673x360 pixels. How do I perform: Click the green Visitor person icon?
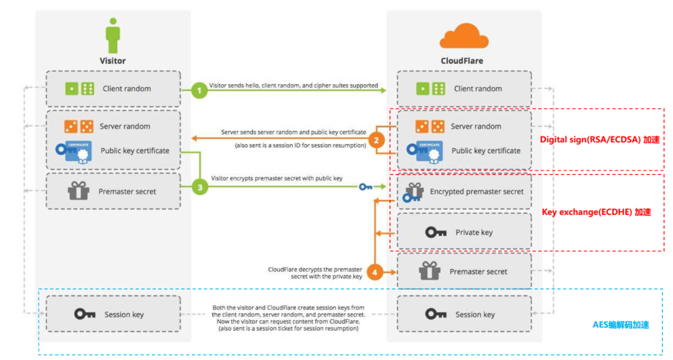pyautogui.click(x=113, y=36)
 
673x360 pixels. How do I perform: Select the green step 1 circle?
pyautogui.click(x=199, y=90)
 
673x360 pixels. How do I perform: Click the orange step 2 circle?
pyautogui.click(x=375, y=140)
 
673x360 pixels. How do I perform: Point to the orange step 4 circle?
pyautogui.click(x=375, y=273)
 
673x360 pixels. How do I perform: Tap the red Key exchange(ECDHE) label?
pyautogui.click(x=596, y=212)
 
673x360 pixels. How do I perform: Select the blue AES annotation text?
pyautogui.click(x=621, y=325)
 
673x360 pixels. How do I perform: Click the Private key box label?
pyautogui.click(x=474, y=232)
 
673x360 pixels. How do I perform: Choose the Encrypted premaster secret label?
pyautogui.click(x=477, y=192)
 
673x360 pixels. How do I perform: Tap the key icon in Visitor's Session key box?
pyautogui.click(x=85, y=315)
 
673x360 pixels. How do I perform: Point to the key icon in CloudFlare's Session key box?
pyautogui.click(x=436, y=315)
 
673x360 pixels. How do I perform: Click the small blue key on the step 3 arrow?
pyautogui.click(x=366, y=186)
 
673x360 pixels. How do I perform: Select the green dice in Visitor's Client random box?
pyautogui.click(x=79, y=89)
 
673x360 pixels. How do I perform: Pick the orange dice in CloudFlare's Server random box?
pyautogui.click(x=430, y=126)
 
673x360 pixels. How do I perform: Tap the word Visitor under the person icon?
pyautogui.click(x=113, y=61)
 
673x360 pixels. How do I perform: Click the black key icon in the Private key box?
pyautogui.click(x=436, y=232)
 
